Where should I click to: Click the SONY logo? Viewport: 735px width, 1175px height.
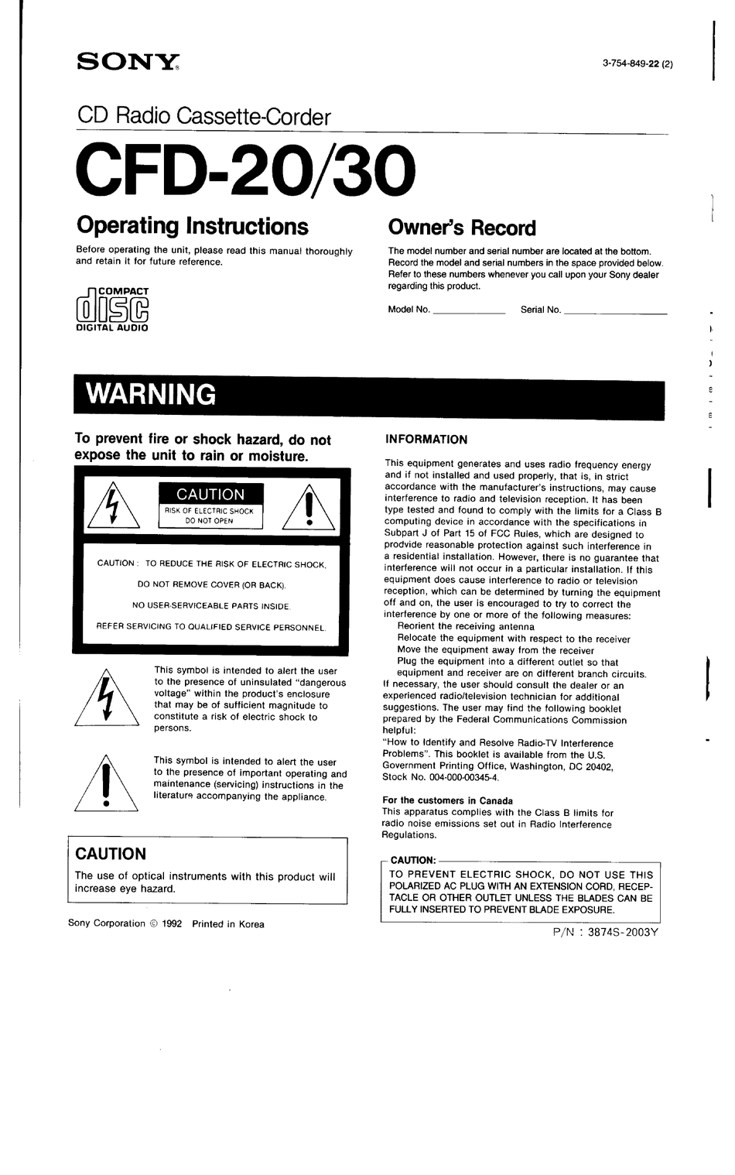[x=128, y=63]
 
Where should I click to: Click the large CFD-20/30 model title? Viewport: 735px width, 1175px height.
[x=245, y=171]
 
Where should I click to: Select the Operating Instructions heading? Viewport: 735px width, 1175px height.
[x=192, y=226]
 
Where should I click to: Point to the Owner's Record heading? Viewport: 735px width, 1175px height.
[x=461, y=228]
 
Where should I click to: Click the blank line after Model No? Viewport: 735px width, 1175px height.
[x=469, y=311]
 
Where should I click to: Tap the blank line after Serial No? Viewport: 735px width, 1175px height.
[x=615, y=311]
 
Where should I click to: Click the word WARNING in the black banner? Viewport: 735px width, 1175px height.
[x=151, y=395]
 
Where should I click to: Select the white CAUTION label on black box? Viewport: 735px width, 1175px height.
[x=210, y=495]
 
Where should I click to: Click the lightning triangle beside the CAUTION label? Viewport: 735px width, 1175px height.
[x=113, y=508]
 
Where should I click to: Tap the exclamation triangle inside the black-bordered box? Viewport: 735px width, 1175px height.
[x=309, y=508]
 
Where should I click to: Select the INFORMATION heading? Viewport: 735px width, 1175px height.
[x=426, y=440]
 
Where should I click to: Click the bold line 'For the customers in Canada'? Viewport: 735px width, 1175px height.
[x=447, y=800]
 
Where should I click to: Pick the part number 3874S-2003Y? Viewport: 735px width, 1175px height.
[x=622, y=933]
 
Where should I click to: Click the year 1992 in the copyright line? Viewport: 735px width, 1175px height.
[x=172, y=923]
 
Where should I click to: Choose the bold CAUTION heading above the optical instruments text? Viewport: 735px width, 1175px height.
[x=111, y=854]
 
